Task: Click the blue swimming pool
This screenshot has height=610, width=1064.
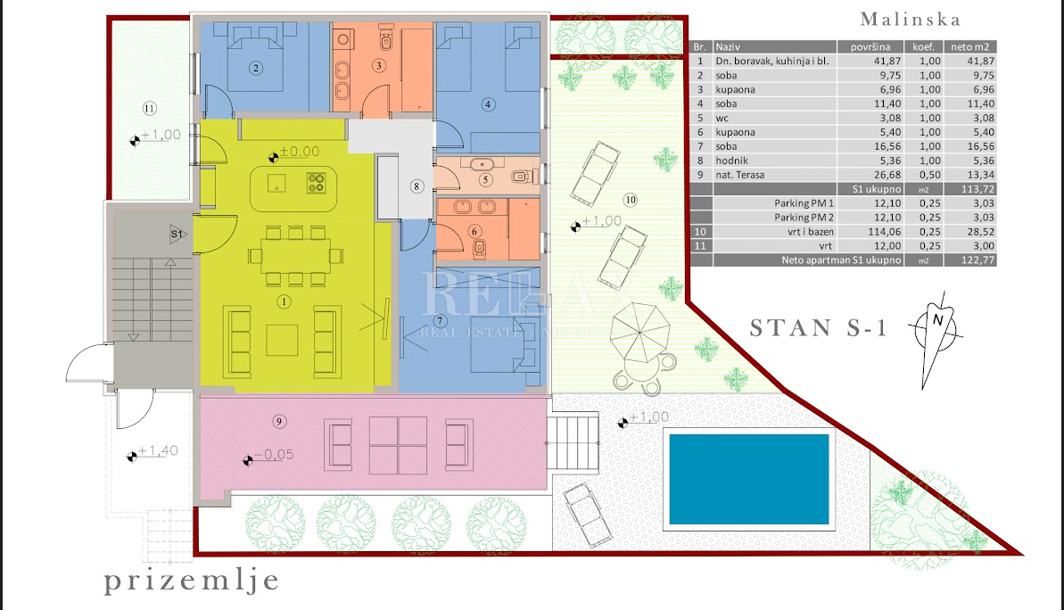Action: point(749,479)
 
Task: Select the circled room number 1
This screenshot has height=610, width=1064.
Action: point(284,302)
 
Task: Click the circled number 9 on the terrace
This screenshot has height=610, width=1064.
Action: point(279,421)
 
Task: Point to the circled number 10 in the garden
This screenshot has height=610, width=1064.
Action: point(631,200)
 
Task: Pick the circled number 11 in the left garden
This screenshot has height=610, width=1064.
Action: point(149,108)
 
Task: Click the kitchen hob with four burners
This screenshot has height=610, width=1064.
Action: point(317,183)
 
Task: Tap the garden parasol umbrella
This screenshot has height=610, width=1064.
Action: point(639,333)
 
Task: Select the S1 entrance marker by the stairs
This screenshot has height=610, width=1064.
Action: point(177,234)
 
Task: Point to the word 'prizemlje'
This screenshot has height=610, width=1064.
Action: point(192,581)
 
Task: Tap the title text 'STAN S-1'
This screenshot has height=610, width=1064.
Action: point(819,328)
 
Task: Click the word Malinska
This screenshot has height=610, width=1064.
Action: point(910,19)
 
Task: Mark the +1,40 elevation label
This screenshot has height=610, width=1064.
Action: point(158,451)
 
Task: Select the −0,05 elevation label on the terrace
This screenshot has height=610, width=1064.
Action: point(274,455)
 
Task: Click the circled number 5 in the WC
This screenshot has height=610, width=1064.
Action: point(485,180)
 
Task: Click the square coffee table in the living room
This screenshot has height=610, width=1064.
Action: point(283,340)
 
